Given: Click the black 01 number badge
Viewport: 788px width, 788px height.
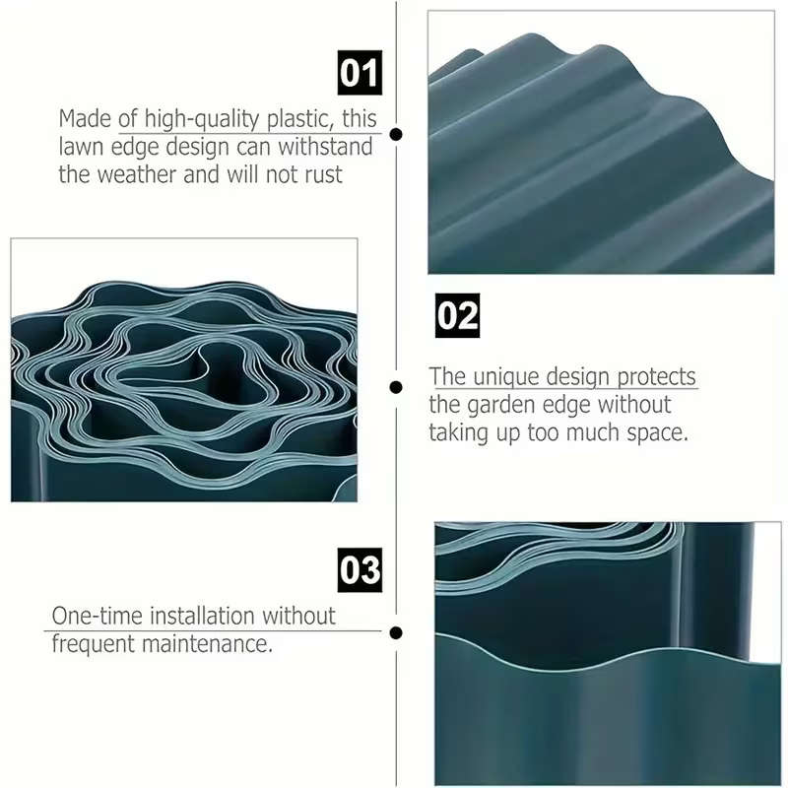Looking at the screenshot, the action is [360, 73].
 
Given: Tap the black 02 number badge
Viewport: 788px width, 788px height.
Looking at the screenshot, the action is [457, 315].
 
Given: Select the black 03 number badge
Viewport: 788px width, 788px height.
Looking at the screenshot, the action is [360, 570].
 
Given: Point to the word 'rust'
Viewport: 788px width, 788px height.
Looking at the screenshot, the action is [324, 175].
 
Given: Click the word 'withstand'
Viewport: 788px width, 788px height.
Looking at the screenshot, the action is [325, 147].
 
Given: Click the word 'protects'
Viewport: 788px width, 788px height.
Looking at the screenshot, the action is [656, 377].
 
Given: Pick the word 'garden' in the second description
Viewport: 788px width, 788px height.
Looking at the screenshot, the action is [499, 405].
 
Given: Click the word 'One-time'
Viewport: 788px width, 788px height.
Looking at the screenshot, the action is [98, 616].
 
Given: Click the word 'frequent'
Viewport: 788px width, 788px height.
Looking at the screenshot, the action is [94, 645].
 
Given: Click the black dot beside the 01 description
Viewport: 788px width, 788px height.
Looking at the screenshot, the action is [396, 134].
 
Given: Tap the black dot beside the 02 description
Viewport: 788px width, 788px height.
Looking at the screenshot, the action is [396, 387].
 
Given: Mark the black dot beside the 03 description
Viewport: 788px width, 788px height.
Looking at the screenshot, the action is [396, 632].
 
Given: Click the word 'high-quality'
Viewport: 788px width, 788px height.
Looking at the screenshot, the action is [202, 119].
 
